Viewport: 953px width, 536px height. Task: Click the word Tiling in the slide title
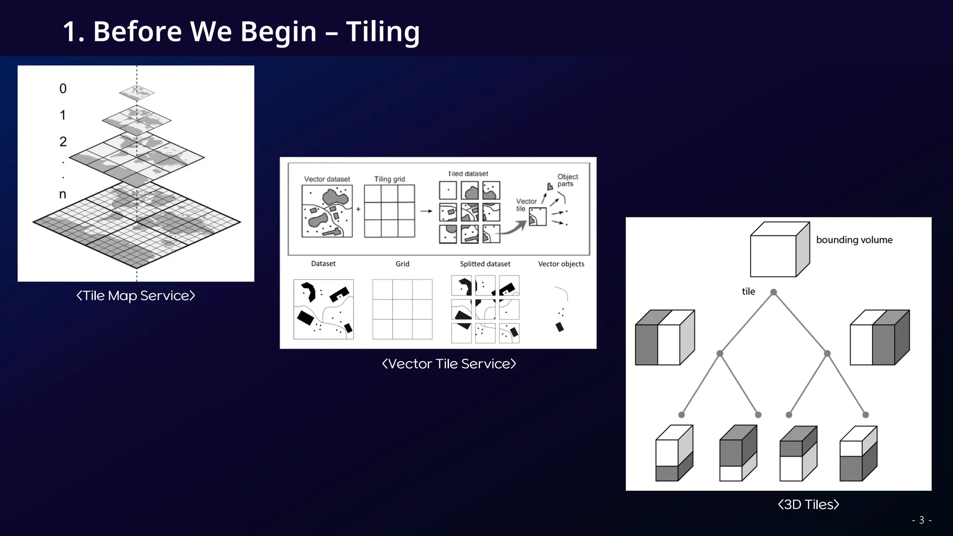click(x=383, y=32)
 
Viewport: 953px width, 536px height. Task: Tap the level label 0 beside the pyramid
click(x=63, y=88)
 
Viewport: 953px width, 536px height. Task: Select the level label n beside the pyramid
click(x=62, y=194)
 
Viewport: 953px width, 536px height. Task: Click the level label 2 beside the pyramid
click(x=63, y=141)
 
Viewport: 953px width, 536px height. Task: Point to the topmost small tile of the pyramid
click(x=136, y=93)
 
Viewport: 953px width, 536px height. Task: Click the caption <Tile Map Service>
click(x=135, y=295)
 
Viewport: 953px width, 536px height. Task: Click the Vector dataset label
click(x=327, y=179)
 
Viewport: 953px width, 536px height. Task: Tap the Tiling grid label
click(x=389, y=179)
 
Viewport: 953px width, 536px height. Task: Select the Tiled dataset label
click(x=468, y=174)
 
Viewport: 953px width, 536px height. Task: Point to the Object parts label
click(x=567, y=180)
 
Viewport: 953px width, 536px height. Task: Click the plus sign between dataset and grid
click(x=358, y=209)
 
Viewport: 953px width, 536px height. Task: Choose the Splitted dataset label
click(x=485, y=264)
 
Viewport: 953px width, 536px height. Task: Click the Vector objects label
click(x=561, y=264)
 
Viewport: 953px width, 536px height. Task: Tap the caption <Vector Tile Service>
click(x=449, y=364)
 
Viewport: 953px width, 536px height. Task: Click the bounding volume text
click(x=854, y=240)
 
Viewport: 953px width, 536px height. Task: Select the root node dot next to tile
click(x=773, y=292)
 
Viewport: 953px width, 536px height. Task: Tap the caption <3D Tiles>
click(x=808, y=504)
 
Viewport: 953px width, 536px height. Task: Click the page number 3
click(x=921, y=520)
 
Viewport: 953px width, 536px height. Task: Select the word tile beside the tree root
click(x=748, y=291)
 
